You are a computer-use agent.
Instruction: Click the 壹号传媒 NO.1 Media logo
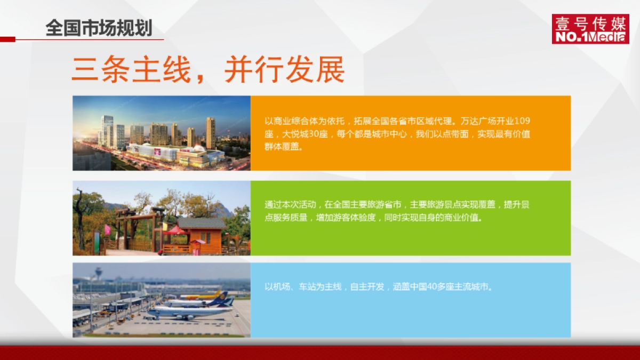[590, 29]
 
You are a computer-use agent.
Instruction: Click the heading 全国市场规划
[99, 28]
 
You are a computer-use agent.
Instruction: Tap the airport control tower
[98, 273]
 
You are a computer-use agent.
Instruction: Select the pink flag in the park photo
[107, 229]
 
